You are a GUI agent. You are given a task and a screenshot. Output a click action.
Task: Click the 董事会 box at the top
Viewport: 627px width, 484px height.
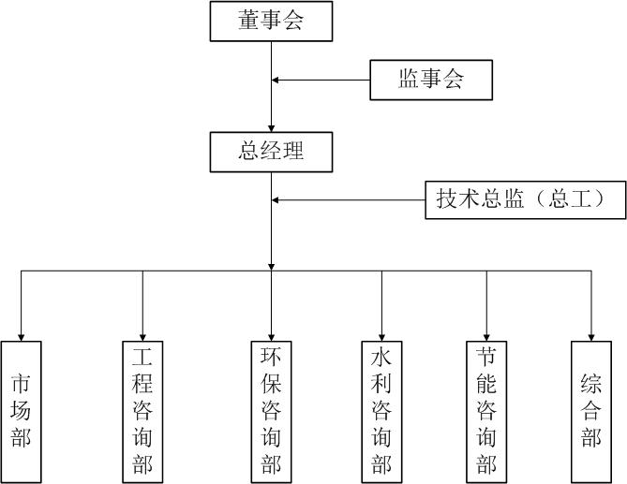[271, 22]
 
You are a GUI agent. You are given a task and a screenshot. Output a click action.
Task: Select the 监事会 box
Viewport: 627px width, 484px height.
[431, 80]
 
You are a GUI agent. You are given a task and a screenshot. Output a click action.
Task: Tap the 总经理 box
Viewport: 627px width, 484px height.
[271, 152]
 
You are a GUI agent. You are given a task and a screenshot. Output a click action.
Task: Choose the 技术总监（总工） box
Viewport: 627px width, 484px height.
[525, 199]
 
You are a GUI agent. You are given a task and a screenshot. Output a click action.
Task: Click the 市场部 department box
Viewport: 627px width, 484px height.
[21, 411]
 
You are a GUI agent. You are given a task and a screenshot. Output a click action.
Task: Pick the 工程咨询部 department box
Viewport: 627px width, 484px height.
[142, 411]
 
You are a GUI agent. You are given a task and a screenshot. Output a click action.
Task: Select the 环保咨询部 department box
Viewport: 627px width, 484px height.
[272, 411]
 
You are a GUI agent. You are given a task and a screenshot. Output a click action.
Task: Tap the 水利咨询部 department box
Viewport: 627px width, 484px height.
[381, 411]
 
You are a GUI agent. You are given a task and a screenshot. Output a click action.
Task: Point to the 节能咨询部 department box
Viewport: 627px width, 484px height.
[486, 411]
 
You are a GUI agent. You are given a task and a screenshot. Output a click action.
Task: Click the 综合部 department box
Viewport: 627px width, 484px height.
[591, 411]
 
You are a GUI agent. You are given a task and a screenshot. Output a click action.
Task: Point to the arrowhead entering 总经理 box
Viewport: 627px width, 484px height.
[272, 128]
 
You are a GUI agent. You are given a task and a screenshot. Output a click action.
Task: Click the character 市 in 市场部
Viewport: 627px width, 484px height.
[21, 384]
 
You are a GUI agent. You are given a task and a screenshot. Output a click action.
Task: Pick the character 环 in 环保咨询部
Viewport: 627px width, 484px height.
[272, 359]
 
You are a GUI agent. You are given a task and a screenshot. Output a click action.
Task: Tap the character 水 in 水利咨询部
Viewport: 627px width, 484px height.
[381, 359]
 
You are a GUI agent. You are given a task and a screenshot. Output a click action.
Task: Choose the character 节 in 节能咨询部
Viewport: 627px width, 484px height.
[486, 359]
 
